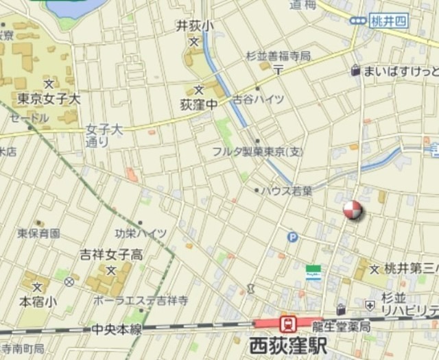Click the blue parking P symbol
click(293, 237)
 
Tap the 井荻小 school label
click(195, 26)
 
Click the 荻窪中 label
click(199, 106)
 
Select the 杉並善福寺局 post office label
click(278, 55)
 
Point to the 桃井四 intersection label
click(388, 21)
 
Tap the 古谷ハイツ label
click(258, 99)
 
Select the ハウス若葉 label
click(287, 190)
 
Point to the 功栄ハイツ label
click(141, 233)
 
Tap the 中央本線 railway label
click(117, 330)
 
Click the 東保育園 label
click(38, 233)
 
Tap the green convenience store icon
click(313, 272)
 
